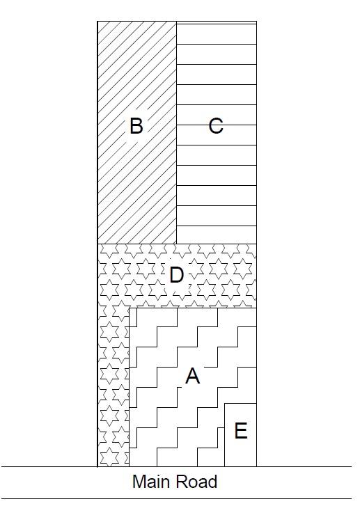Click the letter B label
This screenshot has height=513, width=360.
tap(136, 125)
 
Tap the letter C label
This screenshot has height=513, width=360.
tap(216, 125)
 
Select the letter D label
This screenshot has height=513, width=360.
tap(177, 274)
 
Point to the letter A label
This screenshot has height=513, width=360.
tap(192, 376)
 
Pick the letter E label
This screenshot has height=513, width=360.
tap(241, 430)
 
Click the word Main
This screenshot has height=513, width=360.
tap(152, 482)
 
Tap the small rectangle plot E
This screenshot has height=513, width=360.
tap(240, 435)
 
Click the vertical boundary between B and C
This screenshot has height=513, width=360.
tap(177, 132)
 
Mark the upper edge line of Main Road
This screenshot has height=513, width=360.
tap(177, 466)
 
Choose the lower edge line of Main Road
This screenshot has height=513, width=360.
tap(177, 499)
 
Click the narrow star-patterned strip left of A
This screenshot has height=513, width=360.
tap(114, 387)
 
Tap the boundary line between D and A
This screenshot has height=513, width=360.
tap(193, 308)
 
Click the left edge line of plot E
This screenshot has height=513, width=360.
tap(224, 435)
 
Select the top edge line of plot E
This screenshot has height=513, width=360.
tap(240, 404)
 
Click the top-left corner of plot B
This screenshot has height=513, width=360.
tap(97, 22)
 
